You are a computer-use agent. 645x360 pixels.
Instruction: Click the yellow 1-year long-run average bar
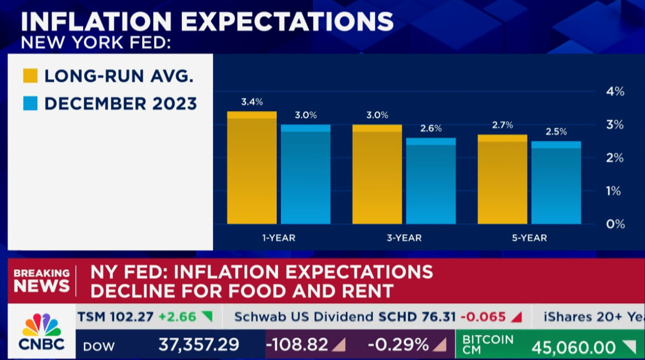252,168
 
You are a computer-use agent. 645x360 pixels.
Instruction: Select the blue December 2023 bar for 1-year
305,174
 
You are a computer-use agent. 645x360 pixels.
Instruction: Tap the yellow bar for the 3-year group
377,174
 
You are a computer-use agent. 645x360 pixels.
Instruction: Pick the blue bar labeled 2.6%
431,181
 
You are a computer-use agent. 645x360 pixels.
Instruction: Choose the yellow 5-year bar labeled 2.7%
502,179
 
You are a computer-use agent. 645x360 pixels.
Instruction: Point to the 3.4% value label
252,101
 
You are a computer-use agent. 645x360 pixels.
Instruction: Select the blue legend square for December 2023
30,103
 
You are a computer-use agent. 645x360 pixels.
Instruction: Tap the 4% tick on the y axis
615,92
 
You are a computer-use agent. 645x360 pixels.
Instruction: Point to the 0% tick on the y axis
615,223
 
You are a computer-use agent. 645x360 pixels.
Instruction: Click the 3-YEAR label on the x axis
404,237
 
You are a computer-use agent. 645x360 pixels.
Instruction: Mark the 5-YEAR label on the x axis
529,237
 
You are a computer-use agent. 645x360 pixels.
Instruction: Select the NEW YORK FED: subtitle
96,42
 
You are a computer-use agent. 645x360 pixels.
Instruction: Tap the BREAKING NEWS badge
42,280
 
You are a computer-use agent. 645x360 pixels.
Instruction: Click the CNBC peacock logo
42,325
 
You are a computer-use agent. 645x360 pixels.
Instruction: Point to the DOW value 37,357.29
199,344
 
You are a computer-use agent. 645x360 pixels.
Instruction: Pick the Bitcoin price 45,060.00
574,347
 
